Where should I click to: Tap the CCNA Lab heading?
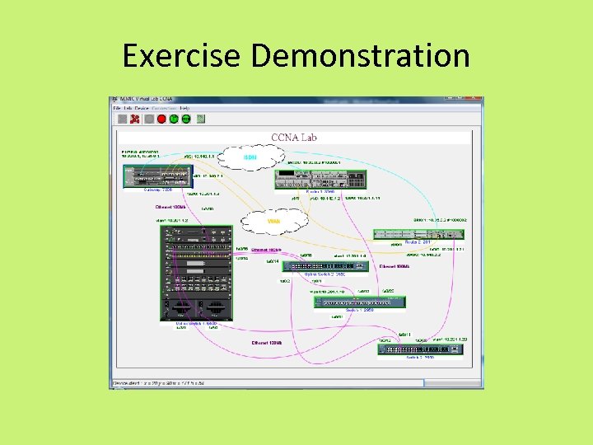tap(294, 137)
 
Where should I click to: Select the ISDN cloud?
tap(250, 157)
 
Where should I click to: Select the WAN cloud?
tap(274, 220)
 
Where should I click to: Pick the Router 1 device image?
tap(320, 180)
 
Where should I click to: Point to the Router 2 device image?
tap(418, 234)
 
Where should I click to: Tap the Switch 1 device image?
tap(358, 302)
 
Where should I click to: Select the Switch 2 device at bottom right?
tap(416, 349)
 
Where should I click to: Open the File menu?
tap(117, 108)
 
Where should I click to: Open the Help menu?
tap(184, 108)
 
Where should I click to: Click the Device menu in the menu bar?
tap(142, 108)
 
